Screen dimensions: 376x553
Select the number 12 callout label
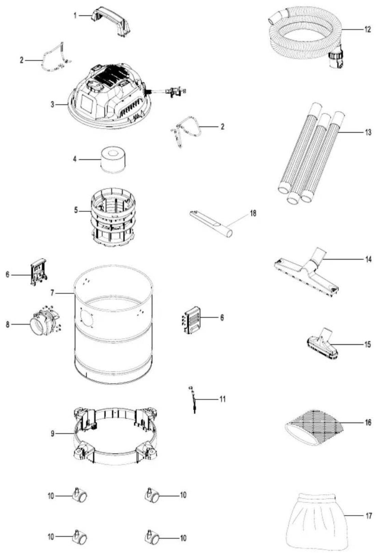367,30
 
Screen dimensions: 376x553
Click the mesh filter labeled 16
314,427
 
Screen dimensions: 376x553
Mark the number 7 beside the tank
52,293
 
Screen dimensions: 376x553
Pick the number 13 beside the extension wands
368,132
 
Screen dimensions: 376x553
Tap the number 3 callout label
52,105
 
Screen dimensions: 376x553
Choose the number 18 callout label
253,213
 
